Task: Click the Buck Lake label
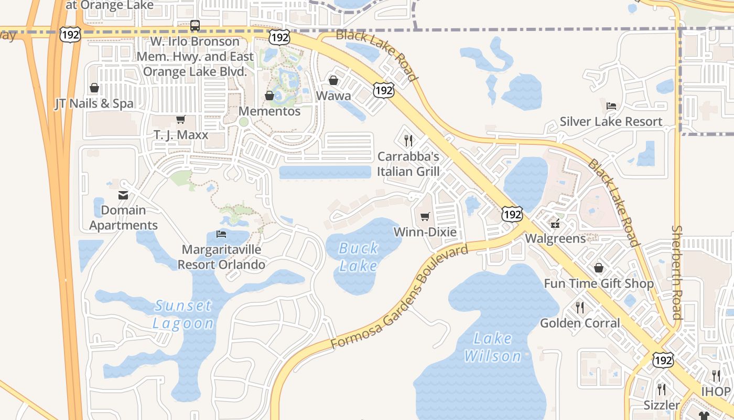coord(359,257)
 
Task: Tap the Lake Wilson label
coord(493,347)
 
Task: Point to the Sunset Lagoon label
coord(183,314)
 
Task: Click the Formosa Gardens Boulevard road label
coord(400,298)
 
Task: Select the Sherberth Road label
coord(677,272)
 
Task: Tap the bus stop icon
coord(195,25)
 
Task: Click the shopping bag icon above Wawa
coord(333,80)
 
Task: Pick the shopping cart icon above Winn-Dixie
coord(425,216)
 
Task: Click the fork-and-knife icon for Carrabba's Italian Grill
coord(408,140)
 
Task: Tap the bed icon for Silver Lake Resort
coord(611,106)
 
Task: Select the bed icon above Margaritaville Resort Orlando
coord(221,234)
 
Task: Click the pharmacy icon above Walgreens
coord(555,224)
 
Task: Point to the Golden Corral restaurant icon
coord(580,307)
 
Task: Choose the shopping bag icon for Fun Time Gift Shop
coord(599,268)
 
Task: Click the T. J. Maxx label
coord(181,135)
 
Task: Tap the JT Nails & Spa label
coord(94,103)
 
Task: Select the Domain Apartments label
coord(123,217)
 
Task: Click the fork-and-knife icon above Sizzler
coord(662,389)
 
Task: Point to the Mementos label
coord(269,111)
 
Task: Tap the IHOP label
coord(716,392)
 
